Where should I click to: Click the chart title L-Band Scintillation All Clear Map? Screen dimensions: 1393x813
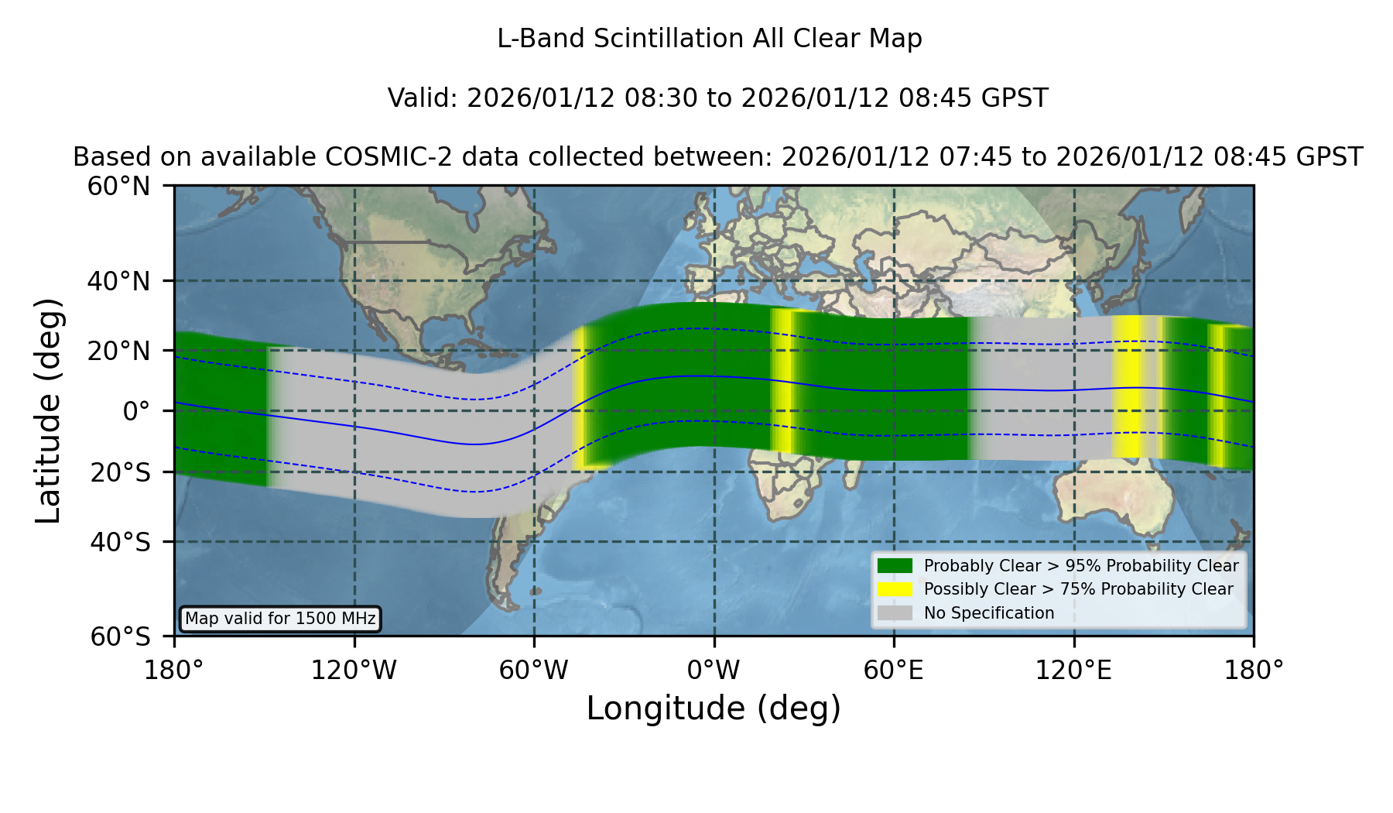point(709,39)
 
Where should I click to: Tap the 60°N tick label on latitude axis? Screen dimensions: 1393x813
point(119,186)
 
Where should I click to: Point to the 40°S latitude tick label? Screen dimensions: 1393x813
point(121,541)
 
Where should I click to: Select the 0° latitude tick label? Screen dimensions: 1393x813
point(137,410)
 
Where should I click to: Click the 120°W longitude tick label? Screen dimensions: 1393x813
point(354,670)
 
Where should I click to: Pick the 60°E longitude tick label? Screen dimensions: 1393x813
point(894,670)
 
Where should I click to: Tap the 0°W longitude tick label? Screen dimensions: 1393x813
point(714,670)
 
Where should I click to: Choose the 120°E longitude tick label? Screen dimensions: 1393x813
point(1073,670)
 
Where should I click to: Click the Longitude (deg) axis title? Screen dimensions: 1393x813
point(714,708)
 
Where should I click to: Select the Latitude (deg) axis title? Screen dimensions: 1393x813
point(48,410)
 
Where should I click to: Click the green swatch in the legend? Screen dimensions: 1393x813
point(895,565)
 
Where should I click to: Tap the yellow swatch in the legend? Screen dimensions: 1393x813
point(895,588)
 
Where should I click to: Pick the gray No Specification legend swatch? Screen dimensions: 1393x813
point(895,612)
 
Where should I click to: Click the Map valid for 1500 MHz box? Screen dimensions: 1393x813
point(280,619)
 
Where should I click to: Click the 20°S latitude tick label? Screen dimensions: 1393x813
point(121,472)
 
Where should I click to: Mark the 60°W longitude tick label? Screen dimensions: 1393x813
point(533,670)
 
